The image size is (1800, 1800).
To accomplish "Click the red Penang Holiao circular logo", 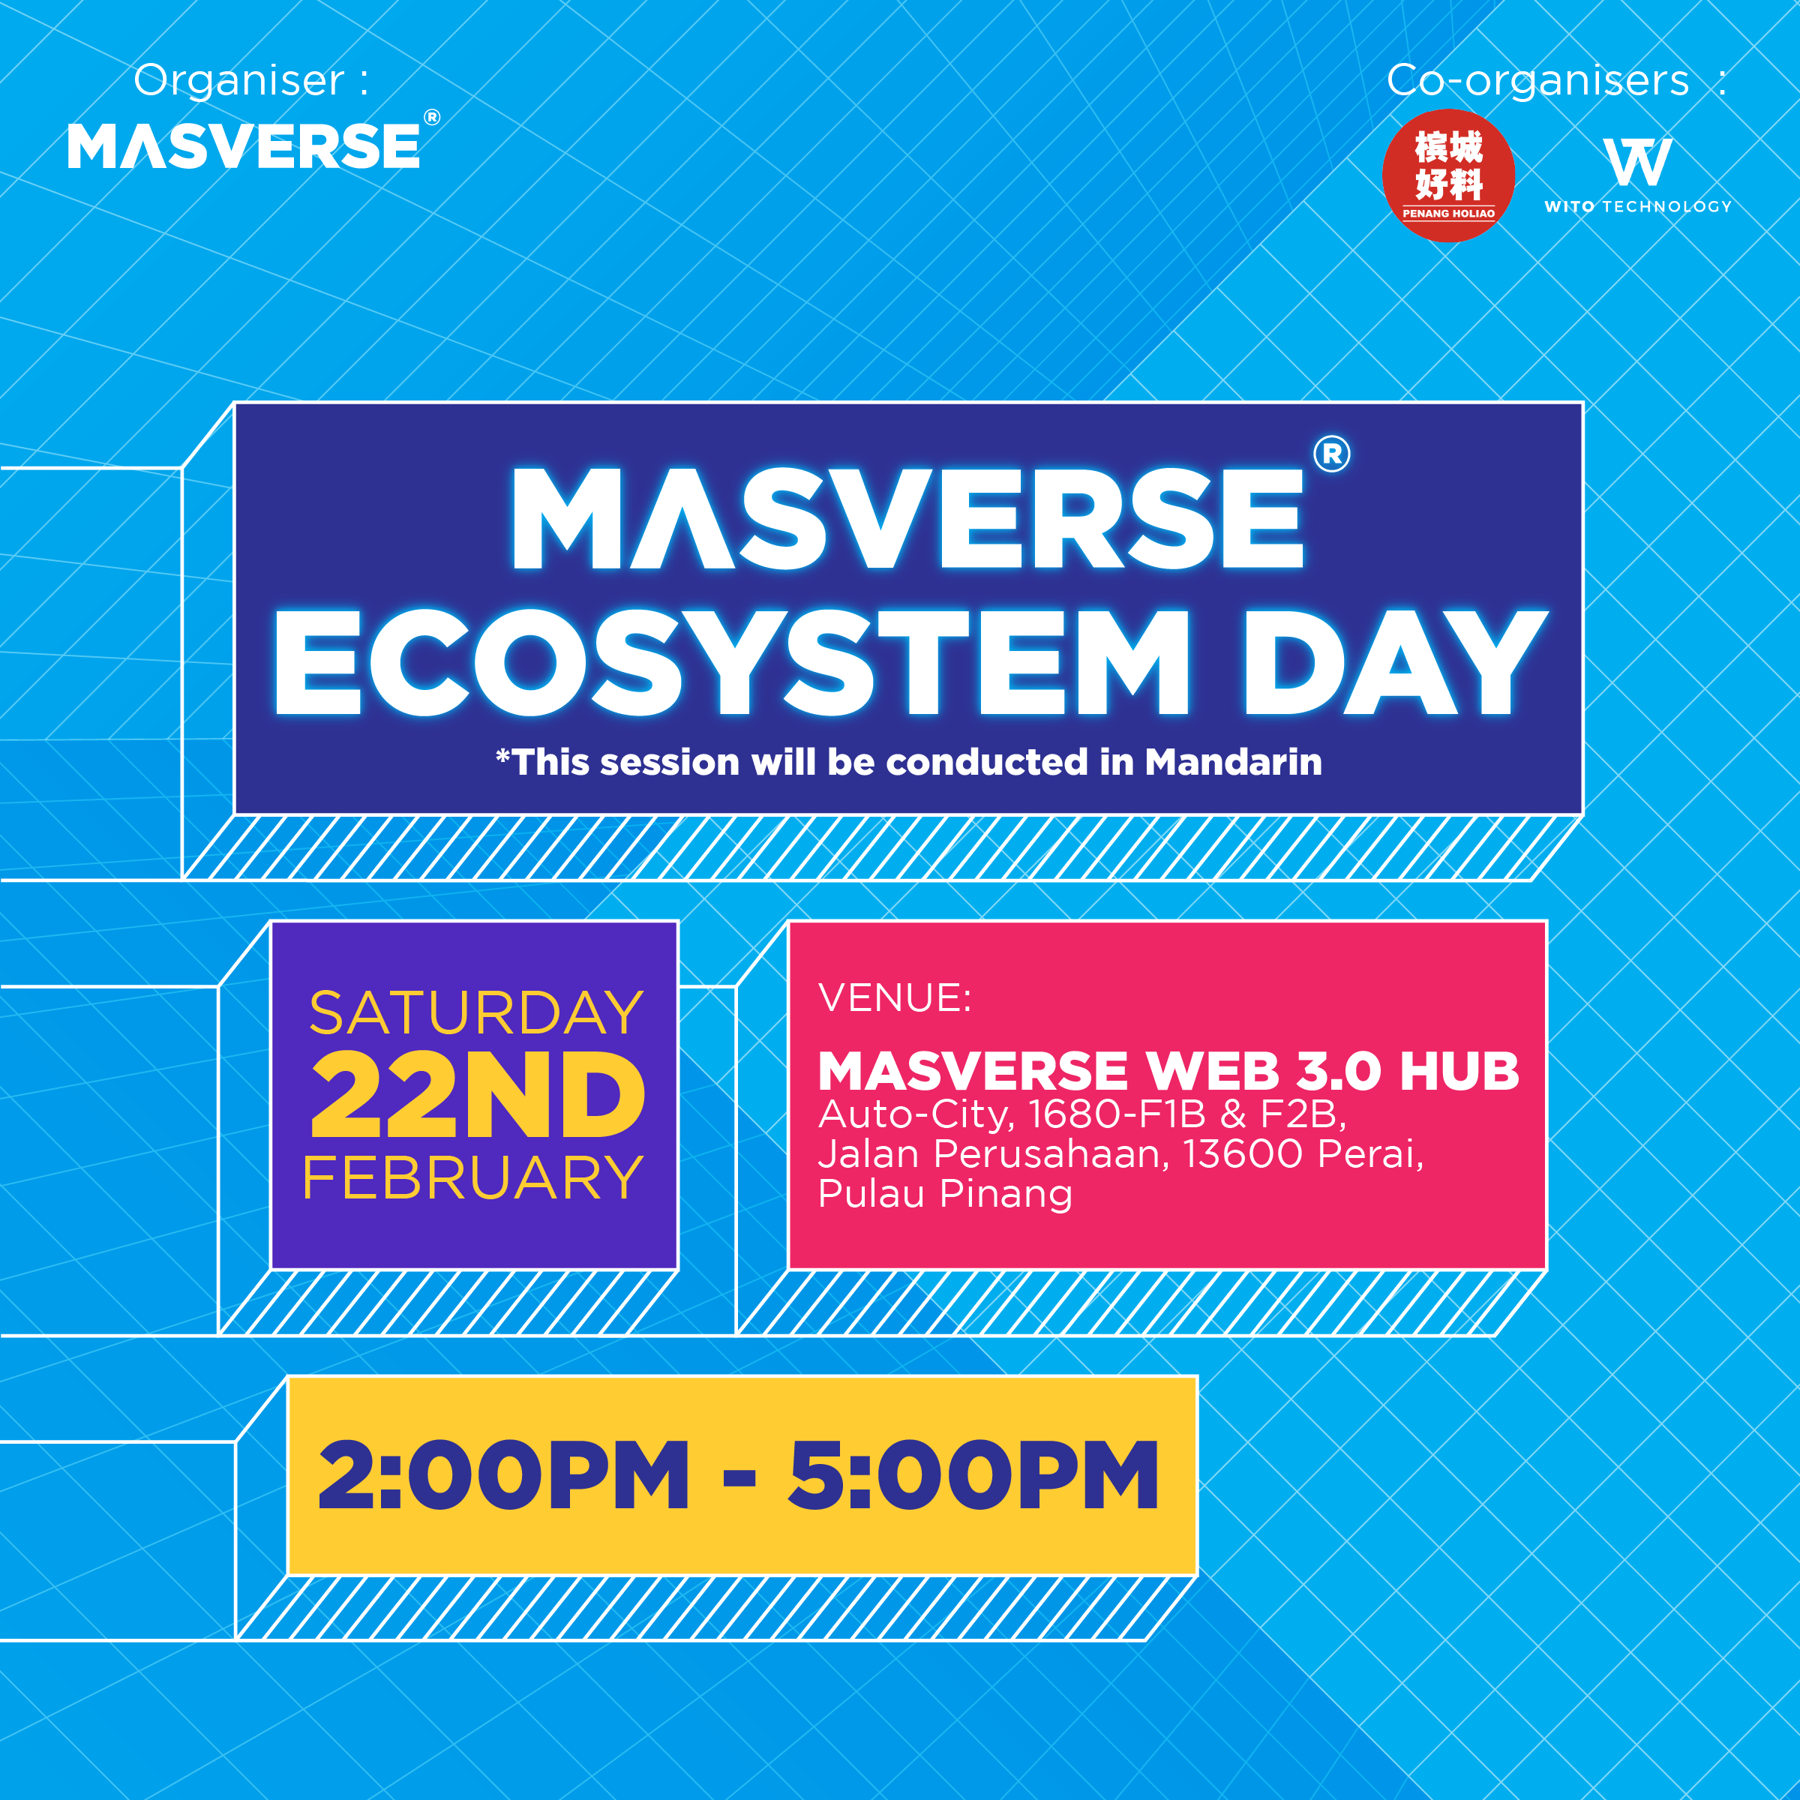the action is (x=1447, y=175).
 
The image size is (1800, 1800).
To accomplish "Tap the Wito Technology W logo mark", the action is (x=1638, y=162).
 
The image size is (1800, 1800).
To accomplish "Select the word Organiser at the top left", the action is (x=239, y=80).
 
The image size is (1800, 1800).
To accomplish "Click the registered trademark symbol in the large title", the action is (x=1331, y=454).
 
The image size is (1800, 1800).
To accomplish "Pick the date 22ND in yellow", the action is (x=477, y=1095).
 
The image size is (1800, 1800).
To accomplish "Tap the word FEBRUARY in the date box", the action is (x=473, y=1177).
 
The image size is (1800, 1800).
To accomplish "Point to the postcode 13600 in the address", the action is (x=1243, y=1154).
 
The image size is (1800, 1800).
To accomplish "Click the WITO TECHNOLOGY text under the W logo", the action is (x=1638, y=207).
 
